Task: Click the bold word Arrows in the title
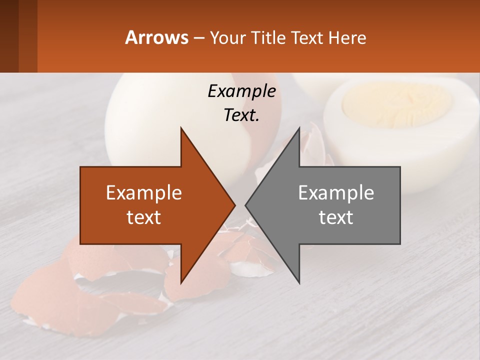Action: coord(157,37)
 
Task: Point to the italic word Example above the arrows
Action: coord(241,91)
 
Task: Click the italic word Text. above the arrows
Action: coord(241,115)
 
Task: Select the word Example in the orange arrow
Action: coord(144,193)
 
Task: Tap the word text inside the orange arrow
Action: coord(144,217)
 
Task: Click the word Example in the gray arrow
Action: coord(336,193)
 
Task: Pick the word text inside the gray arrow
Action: coord(336,217)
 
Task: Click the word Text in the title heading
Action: coord(306,37)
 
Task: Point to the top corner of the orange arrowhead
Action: coord(181,129)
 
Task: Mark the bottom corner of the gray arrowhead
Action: coord(299,282)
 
